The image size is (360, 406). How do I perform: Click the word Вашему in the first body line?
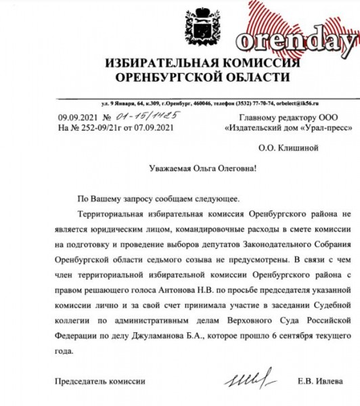pos(111,200)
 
